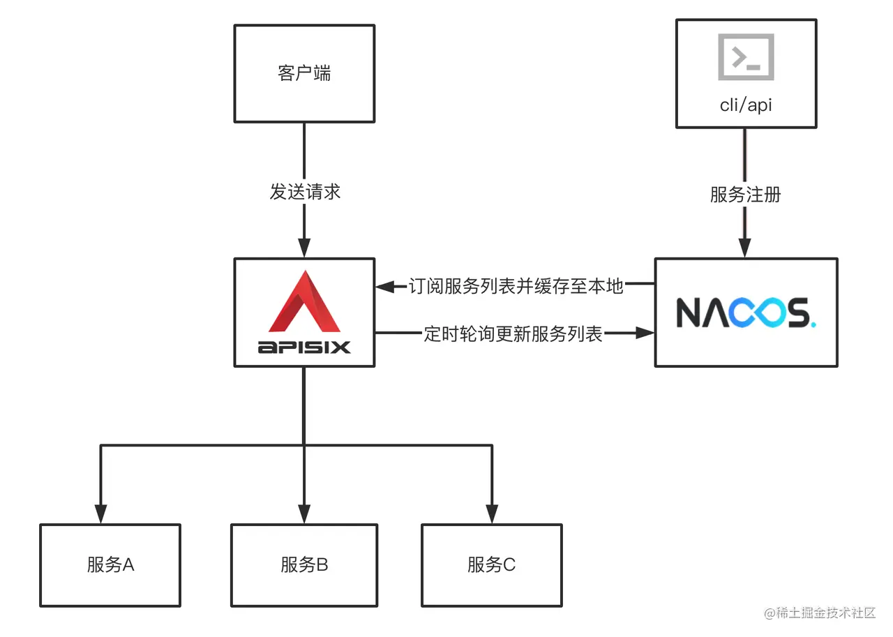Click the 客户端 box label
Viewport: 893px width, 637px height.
[x=304, y=73]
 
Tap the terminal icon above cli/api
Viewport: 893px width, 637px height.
[x=746, y=57]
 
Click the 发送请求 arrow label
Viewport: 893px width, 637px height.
[x=305, y=192]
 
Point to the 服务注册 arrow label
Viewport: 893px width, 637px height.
[x=745, y=195]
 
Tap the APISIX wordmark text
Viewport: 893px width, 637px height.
[x=304, y=347]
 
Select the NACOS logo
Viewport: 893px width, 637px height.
[x=745, y=313]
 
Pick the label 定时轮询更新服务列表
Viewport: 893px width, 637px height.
[x=513, y=334]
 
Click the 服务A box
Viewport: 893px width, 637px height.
[x=110, y=564]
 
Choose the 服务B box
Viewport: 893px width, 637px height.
[x=304, y=564]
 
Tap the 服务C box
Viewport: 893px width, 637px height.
[x=492, y=564]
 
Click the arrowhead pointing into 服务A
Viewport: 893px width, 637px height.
[x=101, y=515]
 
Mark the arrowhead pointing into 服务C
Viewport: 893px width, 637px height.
[x=492, y=515]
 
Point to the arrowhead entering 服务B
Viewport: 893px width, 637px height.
[x=304, y=515]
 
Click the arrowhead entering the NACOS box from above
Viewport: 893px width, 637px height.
[x=745, y=248]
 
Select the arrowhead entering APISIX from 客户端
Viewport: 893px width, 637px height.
[x=304, y=248]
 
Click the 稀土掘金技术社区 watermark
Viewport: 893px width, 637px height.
[x=820, y=613]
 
